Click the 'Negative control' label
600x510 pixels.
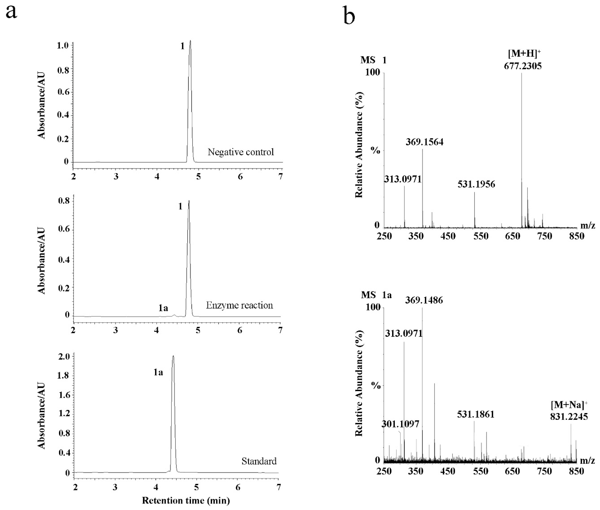tap(241, 152)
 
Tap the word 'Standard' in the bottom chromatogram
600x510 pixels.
tap(259, 461)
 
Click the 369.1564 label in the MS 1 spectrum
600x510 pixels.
tap(424, 142)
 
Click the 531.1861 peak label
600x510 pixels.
tap(476, 414)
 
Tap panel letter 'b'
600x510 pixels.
tap(349, 17)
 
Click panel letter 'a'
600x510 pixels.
tap(11, 12)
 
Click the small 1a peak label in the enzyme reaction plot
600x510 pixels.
tap(163, 308)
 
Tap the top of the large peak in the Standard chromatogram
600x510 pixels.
tap(173, 356)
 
